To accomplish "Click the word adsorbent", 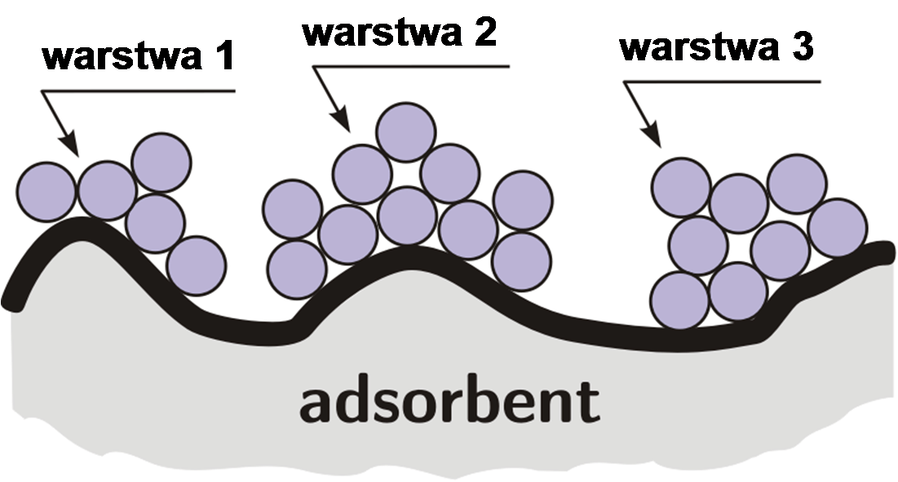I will [449, 401].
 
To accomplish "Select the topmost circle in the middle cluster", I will [405, 131].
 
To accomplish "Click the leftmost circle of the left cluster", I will [46, 190].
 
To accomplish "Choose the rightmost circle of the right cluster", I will [838, 226].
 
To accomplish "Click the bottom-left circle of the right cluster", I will [681, 300].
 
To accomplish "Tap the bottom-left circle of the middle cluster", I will [296, 269].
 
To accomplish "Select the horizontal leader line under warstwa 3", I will [722, 81].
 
